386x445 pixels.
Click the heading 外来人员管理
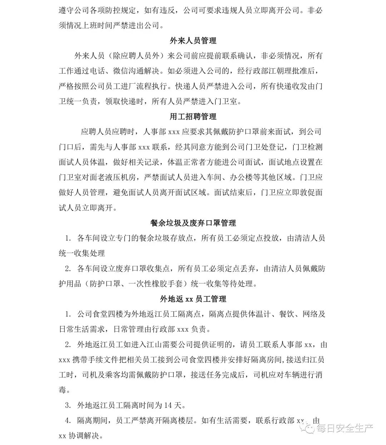click(193, 41)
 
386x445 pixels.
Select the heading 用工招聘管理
click(193, 117)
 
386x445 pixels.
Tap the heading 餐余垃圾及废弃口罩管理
click(193, 223)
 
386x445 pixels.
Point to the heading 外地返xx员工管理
click(193, 299)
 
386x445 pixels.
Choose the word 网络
click(310, 314)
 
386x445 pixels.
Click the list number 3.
click(68, 405)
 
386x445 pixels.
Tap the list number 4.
click(68, 421)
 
